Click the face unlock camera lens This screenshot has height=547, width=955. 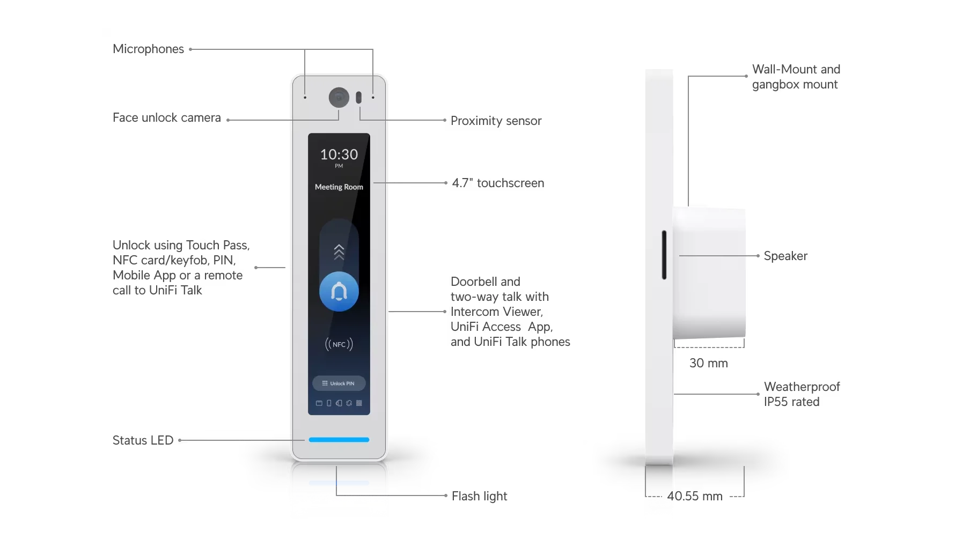[x=339, y=97]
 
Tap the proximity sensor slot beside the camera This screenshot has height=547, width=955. [x=358, y=97]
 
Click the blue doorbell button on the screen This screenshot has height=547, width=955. [x=339, y=292]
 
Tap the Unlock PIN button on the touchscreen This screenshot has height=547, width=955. [x=339, y=383]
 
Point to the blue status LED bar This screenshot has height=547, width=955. [x=339, y=440]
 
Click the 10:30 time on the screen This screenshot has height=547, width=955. [x=339, y=154]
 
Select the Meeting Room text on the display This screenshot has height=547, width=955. [x=339, y=187]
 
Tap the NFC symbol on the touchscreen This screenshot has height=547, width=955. [x=339, y=344]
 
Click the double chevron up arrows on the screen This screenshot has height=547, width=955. [x=339, y=252]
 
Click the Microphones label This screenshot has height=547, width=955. [x=148, y=49]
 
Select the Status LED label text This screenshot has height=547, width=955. [x=143, y=440]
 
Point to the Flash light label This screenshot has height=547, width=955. [x=479, y=497]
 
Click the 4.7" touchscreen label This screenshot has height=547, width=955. [x=498, y=183]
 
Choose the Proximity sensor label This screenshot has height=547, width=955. [x=496, y=121]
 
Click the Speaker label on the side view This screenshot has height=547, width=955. [x=785, y=256]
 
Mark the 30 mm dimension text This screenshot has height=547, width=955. [x=709, y=363]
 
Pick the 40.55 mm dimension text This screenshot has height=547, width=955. [x=695, y=496]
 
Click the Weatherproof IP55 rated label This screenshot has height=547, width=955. [x=802, y=394]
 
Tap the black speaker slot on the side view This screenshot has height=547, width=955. [x=664, y=255]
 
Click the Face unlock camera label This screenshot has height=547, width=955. [x=167, y=118]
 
